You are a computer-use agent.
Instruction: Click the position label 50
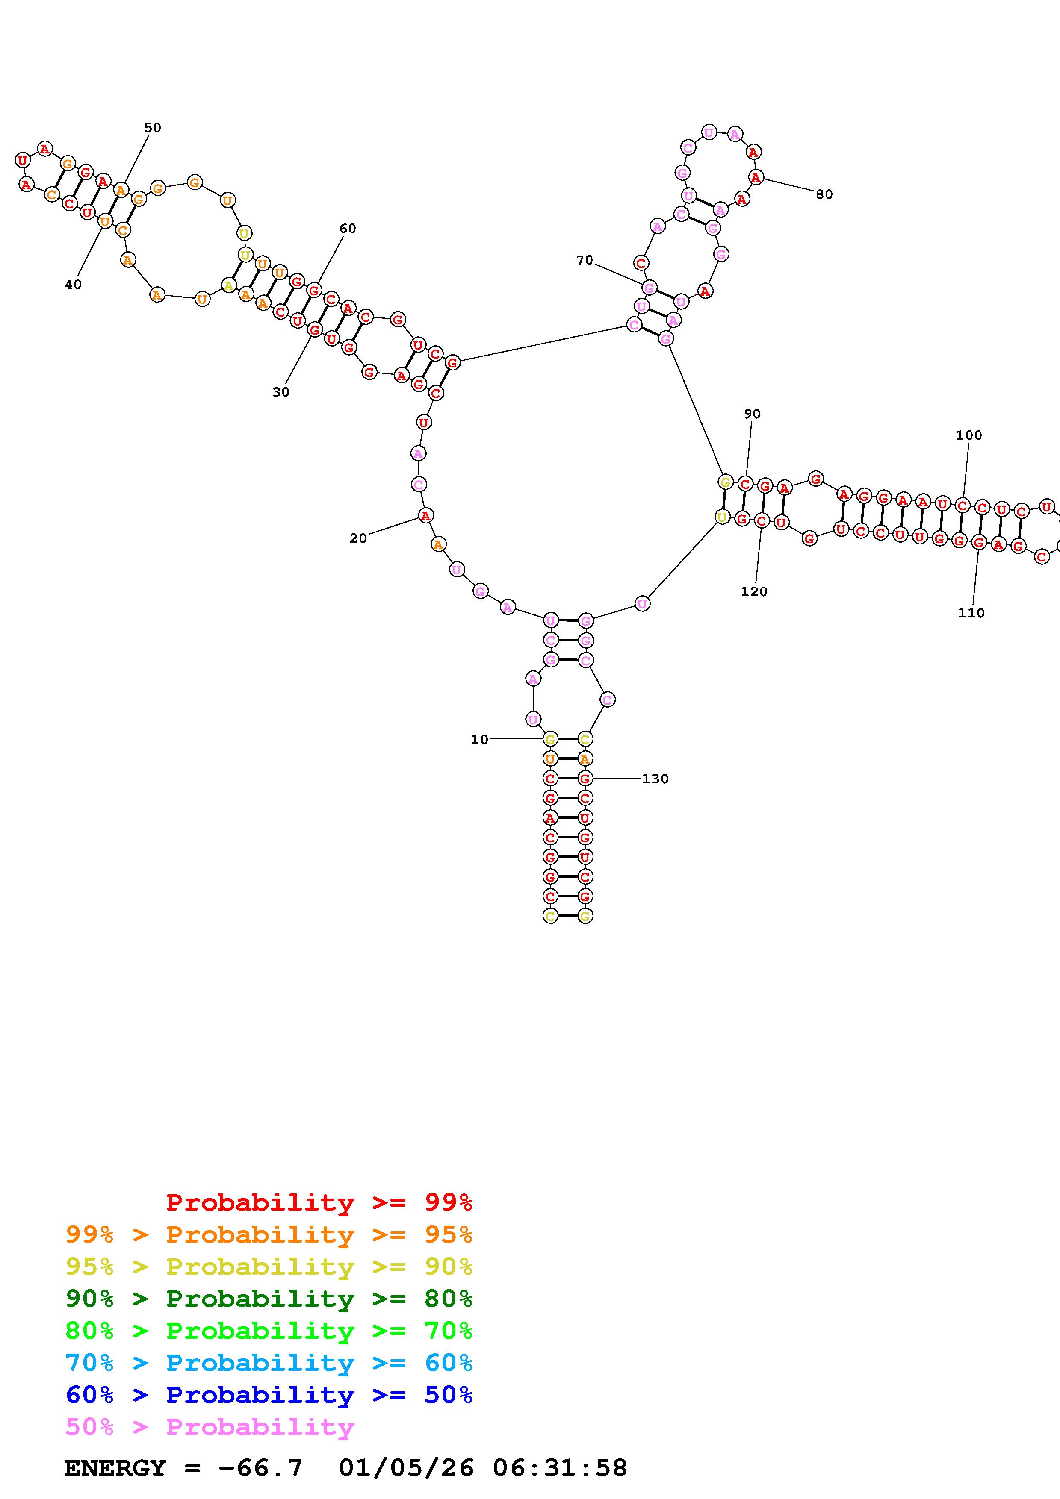tap(152, 127)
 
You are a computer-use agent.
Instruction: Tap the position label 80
tap(824, 194)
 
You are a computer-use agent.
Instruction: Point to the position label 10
tap(479, 739)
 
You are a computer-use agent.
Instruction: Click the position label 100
tap(968, 435)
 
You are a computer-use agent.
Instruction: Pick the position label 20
tap(358, 538)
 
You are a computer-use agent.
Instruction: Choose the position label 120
tap(754, 591)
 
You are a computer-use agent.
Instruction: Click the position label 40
tap(73, 284)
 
